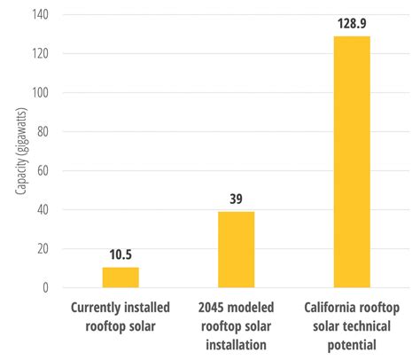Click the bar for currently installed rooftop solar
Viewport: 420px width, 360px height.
pyautogui.click(x=121, y=277)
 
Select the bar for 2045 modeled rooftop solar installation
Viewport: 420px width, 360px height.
pyautogui.click(x=236, y=249)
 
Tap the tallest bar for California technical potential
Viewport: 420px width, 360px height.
pyautogui.click(x=351, y=162)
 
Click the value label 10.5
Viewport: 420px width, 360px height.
pyautogui.click(x=121, y=256)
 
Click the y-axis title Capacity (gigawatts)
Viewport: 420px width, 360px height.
pyautogui.click(x=19, y=153)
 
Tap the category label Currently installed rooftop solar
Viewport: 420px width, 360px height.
pyautogui.click(x=121, y=316)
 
